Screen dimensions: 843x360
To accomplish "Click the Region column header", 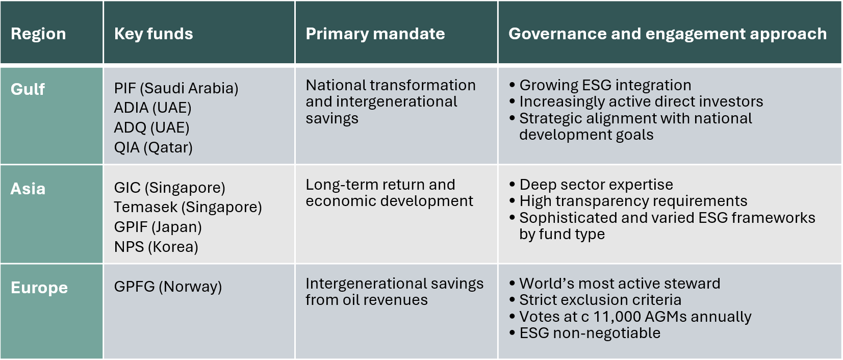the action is [38, 34].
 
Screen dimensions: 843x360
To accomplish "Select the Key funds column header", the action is [154, 34].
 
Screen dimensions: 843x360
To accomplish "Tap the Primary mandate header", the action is [375, 34].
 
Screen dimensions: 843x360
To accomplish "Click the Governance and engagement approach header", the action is [668, 34].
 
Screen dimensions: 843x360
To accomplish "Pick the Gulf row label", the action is [28, 89].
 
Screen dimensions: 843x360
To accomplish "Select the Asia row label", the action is [28, 189].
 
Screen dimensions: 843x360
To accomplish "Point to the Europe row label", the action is [39, 288].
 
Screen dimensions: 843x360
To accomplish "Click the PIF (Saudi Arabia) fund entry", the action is [176, 88].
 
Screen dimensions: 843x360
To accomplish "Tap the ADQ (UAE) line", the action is [151, 127].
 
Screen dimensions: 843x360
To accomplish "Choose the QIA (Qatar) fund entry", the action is [153, 147].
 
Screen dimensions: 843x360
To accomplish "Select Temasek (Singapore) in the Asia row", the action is [188, 207].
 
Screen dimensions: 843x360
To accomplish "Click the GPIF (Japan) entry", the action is [158, 227].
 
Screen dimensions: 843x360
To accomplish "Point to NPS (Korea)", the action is [156, 247].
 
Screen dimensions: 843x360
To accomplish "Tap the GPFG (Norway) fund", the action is [168, 287].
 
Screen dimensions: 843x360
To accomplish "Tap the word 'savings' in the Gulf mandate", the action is [332, 118].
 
